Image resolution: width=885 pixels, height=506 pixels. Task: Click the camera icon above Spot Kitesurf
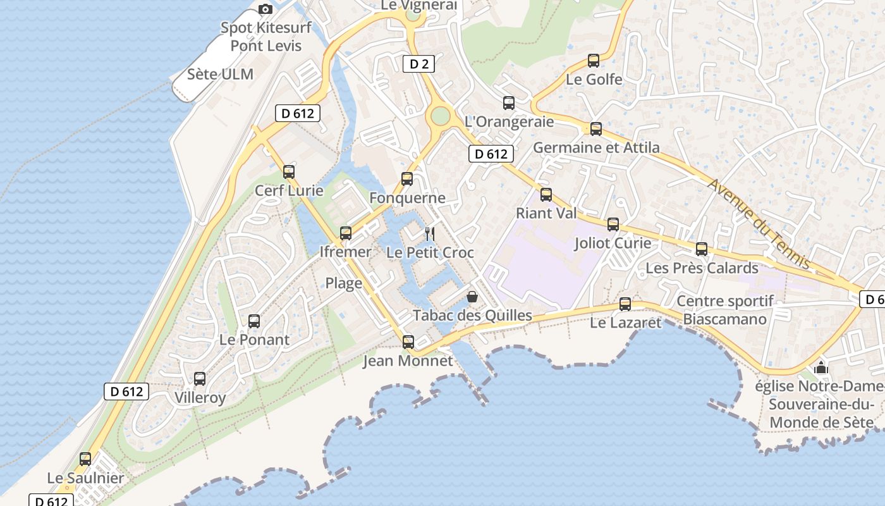265,9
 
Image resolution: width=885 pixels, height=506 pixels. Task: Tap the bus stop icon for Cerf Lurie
289,171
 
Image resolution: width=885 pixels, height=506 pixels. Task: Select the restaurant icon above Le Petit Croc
430,234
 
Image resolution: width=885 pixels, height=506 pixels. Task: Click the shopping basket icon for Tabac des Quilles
472,296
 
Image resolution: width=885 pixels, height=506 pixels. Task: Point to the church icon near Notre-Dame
821,367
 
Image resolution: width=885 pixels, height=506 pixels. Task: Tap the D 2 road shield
418,63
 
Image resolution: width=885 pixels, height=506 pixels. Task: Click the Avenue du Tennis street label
759,223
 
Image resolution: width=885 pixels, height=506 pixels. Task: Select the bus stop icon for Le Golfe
594,61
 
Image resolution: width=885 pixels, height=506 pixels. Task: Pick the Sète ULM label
220,74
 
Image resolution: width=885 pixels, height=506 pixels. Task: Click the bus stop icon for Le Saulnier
85,459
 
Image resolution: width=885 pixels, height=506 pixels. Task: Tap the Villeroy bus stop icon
200,379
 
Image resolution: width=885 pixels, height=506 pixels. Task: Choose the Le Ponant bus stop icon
254,321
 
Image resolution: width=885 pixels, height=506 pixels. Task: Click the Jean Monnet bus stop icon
408,342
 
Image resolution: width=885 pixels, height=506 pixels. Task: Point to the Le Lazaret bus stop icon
625,304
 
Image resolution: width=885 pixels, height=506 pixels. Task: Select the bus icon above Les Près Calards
702,249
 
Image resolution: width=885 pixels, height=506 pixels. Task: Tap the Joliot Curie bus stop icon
613,225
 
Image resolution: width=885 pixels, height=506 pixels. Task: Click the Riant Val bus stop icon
546,195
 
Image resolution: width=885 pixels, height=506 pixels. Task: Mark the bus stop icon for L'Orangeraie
509,103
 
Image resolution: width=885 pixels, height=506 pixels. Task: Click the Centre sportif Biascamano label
724,310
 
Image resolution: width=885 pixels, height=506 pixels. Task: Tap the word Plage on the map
344,283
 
